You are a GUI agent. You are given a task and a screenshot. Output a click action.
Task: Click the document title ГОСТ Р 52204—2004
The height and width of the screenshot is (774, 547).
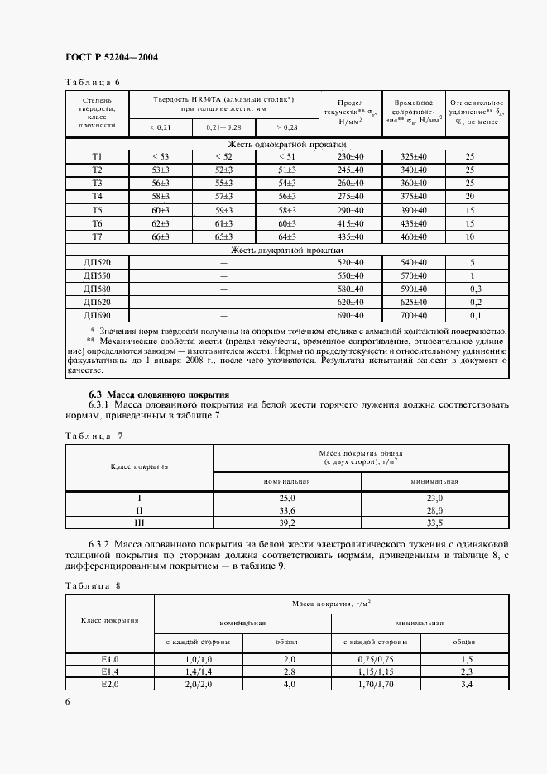pos(112,58)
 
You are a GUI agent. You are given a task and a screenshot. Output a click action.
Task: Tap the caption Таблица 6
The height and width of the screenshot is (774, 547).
pos(93,82)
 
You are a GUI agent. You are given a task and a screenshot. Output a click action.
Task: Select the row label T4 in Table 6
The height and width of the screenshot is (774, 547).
pos(97,196)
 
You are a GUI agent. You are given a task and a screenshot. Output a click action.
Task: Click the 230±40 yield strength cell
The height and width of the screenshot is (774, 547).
pos(352,156)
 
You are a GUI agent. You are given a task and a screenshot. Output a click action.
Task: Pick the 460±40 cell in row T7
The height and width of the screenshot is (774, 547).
pos(413,236)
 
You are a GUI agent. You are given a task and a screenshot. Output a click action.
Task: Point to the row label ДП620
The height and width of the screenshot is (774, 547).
pos(97,302)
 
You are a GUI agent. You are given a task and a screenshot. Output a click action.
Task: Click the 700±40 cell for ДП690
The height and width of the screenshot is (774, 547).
pos(413,316)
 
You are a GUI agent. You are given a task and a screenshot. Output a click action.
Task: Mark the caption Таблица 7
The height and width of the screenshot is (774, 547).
pos(93,435)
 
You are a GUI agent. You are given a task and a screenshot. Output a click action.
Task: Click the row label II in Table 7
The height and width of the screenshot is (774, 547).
pos(140,510)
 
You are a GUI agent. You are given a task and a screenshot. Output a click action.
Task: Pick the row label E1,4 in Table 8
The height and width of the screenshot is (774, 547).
pos(109,672)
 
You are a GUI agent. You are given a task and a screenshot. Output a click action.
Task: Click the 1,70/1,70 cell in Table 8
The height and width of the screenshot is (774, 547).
pos(376,686)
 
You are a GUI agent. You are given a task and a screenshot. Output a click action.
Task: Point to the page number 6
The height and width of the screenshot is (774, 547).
pos(67,701)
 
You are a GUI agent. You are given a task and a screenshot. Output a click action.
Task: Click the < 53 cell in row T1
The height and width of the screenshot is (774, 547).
pos(161,156)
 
